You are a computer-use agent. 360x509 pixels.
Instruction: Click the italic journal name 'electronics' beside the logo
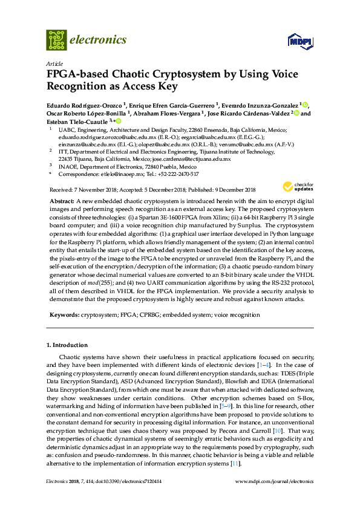[x=99, y=40]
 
